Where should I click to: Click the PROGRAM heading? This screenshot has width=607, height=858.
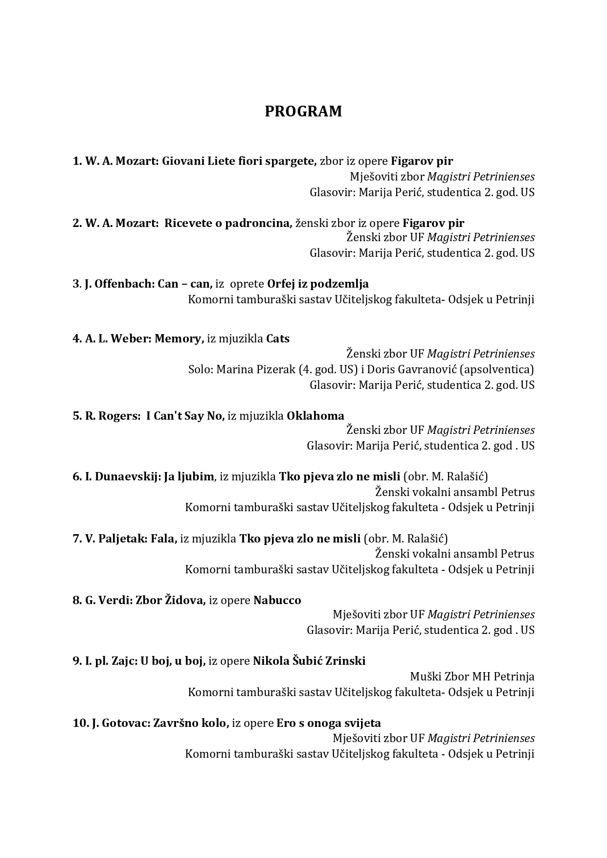[x=303, y=112]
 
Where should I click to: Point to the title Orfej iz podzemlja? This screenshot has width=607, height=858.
[x=317, y=284]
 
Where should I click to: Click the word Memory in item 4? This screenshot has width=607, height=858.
[x=178, y=339]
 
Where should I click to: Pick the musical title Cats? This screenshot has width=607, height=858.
[x=278, y=339]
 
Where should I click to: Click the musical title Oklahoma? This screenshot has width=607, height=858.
[x=315, y=416]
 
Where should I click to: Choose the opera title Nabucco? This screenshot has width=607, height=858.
[x=277, y=600]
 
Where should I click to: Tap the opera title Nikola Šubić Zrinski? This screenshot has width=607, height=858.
[x=309, y=661]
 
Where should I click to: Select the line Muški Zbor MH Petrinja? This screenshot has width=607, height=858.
[x=472, y=677]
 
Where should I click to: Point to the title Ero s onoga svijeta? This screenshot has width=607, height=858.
[x=329, y=723]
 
